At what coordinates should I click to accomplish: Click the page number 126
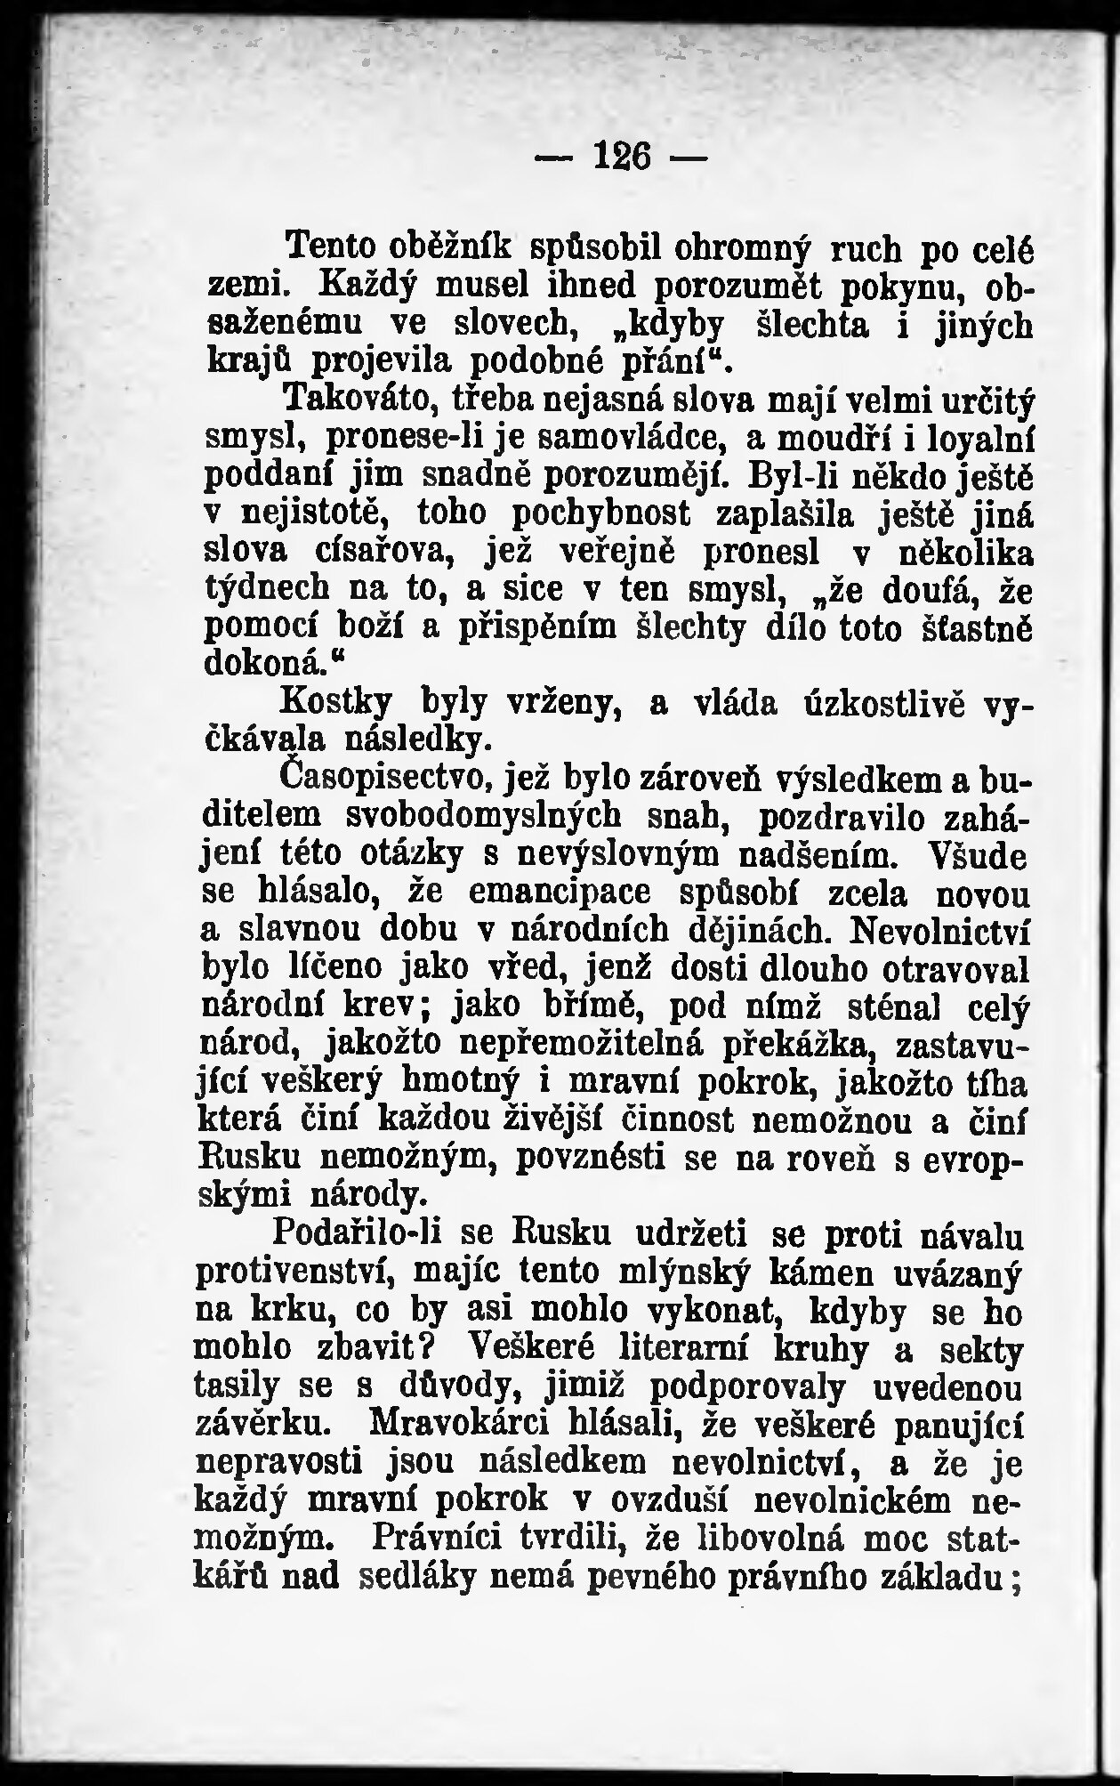pyautogui.click(x=620, y=161)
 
